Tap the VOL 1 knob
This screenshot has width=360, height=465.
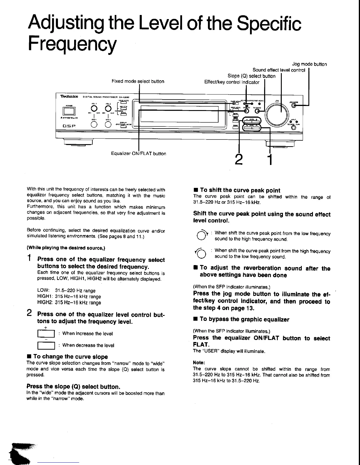tap(94, 109)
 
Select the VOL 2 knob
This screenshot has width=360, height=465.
tap(108, 109)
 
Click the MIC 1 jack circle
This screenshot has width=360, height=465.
tap(94, 124)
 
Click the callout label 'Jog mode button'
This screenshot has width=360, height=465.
tap(309, 64)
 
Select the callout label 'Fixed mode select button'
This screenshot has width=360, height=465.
tap(138, 81)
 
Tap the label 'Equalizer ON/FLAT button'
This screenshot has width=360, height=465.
tap(138, 154)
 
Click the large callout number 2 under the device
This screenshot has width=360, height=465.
tap(239, 159)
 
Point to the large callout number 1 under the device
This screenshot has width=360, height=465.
tap(270, 159)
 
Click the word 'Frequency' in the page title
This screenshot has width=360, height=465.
tap(72, 43)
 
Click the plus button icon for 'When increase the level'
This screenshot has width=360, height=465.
tap(46, 334)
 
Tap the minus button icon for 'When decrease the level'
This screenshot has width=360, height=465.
tap(46, 346)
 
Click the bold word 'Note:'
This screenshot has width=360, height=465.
tap(199, 362)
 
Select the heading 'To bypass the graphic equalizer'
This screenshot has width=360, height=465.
tap(244, 319)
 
